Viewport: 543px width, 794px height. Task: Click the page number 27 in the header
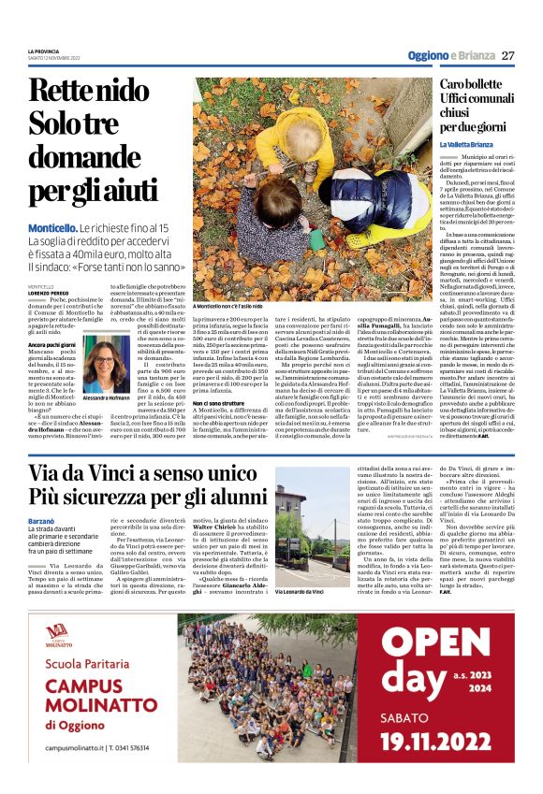pyautogui.click(x=508, y=55)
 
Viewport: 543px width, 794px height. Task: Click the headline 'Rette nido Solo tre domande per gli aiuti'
pyautogui.click(x=93, y=140)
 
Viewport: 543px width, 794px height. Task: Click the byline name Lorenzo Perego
pyautogui.click(x=50, y=295)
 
